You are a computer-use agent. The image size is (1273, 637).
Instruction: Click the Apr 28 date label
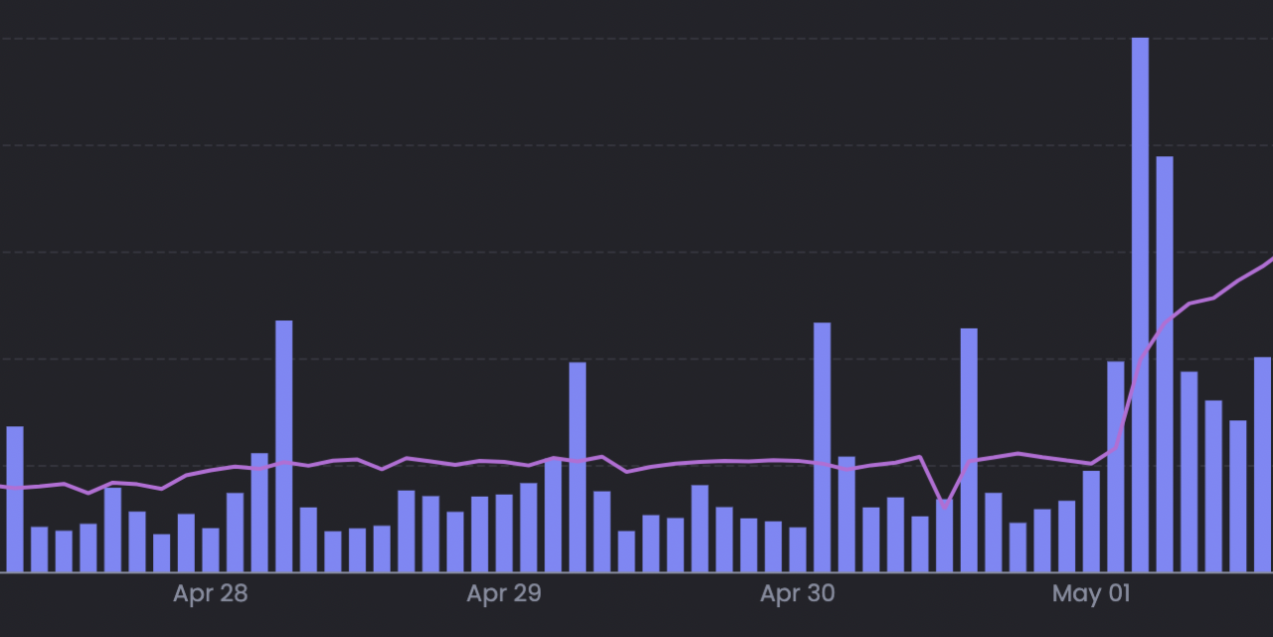click(210, 594)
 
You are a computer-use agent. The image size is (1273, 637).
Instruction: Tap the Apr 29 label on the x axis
click(504, 594)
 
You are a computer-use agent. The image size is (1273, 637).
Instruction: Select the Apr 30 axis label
click(798, 594)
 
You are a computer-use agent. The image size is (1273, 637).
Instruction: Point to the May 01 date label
click(1091, 594)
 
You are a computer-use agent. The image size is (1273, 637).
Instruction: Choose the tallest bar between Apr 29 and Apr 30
click(577, 467)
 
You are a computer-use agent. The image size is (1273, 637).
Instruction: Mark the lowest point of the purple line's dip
click(945, 507)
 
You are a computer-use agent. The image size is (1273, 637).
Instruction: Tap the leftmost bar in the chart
click(15, 499)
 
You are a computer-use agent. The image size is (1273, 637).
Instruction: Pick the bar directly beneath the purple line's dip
click(944, 537)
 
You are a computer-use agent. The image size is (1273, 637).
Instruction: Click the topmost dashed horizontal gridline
click(636, 39)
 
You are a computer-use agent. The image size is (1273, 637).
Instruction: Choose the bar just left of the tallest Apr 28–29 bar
click(260, 513)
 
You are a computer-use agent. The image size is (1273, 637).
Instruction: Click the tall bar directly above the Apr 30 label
click(821, 447)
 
